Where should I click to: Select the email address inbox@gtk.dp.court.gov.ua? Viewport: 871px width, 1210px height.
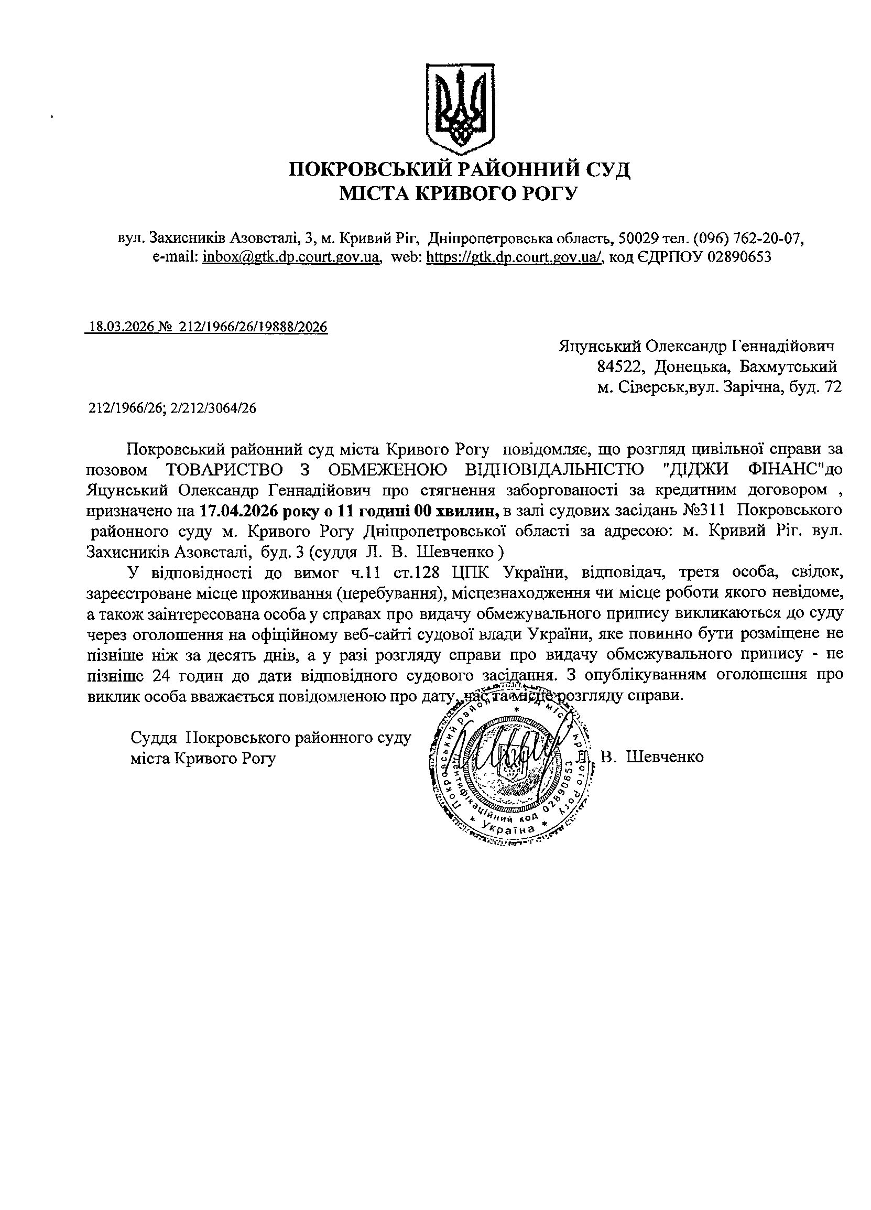(291, 257)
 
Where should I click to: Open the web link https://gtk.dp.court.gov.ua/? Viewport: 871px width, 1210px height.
(515, 257)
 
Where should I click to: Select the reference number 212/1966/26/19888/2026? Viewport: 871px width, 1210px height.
(254, 327)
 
